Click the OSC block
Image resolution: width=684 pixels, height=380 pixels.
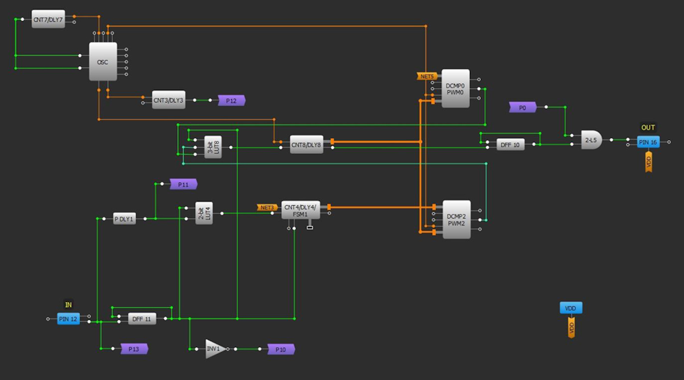click(x=103, y=62)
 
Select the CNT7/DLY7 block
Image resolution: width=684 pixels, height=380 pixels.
click(x=48, y=19)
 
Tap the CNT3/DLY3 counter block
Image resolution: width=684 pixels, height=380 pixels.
click(x=168, y=100)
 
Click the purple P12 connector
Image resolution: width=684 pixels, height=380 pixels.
click(x=231, y=100)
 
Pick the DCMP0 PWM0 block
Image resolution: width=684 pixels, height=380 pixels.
click(x=456, y=88)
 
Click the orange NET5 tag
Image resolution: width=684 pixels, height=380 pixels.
click(x=427, y=76)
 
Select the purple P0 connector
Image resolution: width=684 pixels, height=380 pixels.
click(x=523, y=107)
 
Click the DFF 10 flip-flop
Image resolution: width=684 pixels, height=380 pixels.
click(x=510, y=144)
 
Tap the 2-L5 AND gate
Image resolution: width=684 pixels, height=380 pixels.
click(x=591, y=140)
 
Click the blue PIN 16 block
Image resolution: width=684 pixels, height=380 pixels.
click(x=648, y=141)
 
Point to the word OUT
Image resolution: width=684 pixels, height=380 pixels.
click(x=648, y=128)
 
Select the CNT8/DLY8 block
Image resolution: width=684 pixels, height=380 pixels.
click(x=306, y=144)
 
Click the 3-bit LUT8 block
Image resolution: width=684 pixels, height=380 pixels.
click(x=213, y=147)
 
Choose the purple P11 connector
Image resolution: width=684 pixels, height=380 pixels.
click(x=183, y=185)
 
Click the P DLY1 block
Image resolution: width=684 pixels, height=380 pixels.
click(x=124, y=219)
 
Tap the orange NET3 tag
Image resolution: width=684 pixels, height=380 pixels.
click(x=267, y=207)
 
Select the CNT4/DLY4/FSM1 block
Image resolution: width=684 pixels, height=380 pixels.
click(x=300, y=210)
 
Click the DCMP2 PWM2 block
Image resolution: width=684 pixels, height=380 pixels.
click(x=456, y=219)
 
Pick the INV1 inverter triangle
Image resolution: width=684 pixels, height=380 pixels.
click(x=213, y=349)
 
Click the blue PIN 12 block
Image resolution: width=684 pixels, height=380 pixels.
click(x=68, y=318)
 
